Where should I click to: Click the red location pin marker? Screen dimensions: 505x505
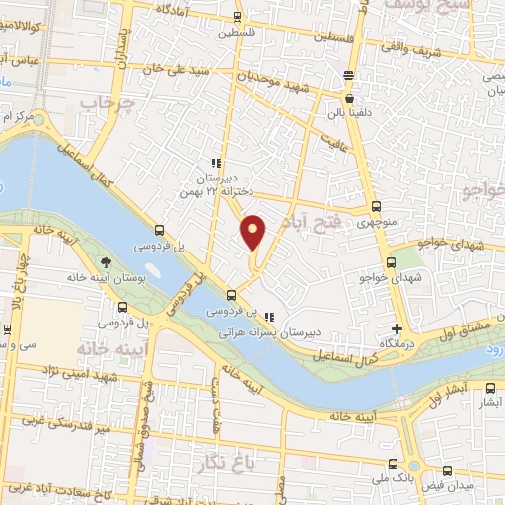[253, 232]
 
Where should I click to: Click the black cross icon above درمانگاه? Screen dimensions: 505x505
[397, 328]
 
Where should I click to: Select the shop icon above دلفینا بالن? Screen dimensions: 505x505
[349, 98]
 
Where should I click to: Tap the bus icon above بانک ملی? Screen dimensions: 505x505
[394, 465]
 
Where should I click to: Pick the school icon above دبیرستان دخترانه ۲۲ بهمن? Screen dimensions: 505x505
[215, 164]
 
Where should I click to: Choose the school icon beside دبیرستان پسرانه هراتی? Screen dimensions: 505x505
[270, 318]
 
